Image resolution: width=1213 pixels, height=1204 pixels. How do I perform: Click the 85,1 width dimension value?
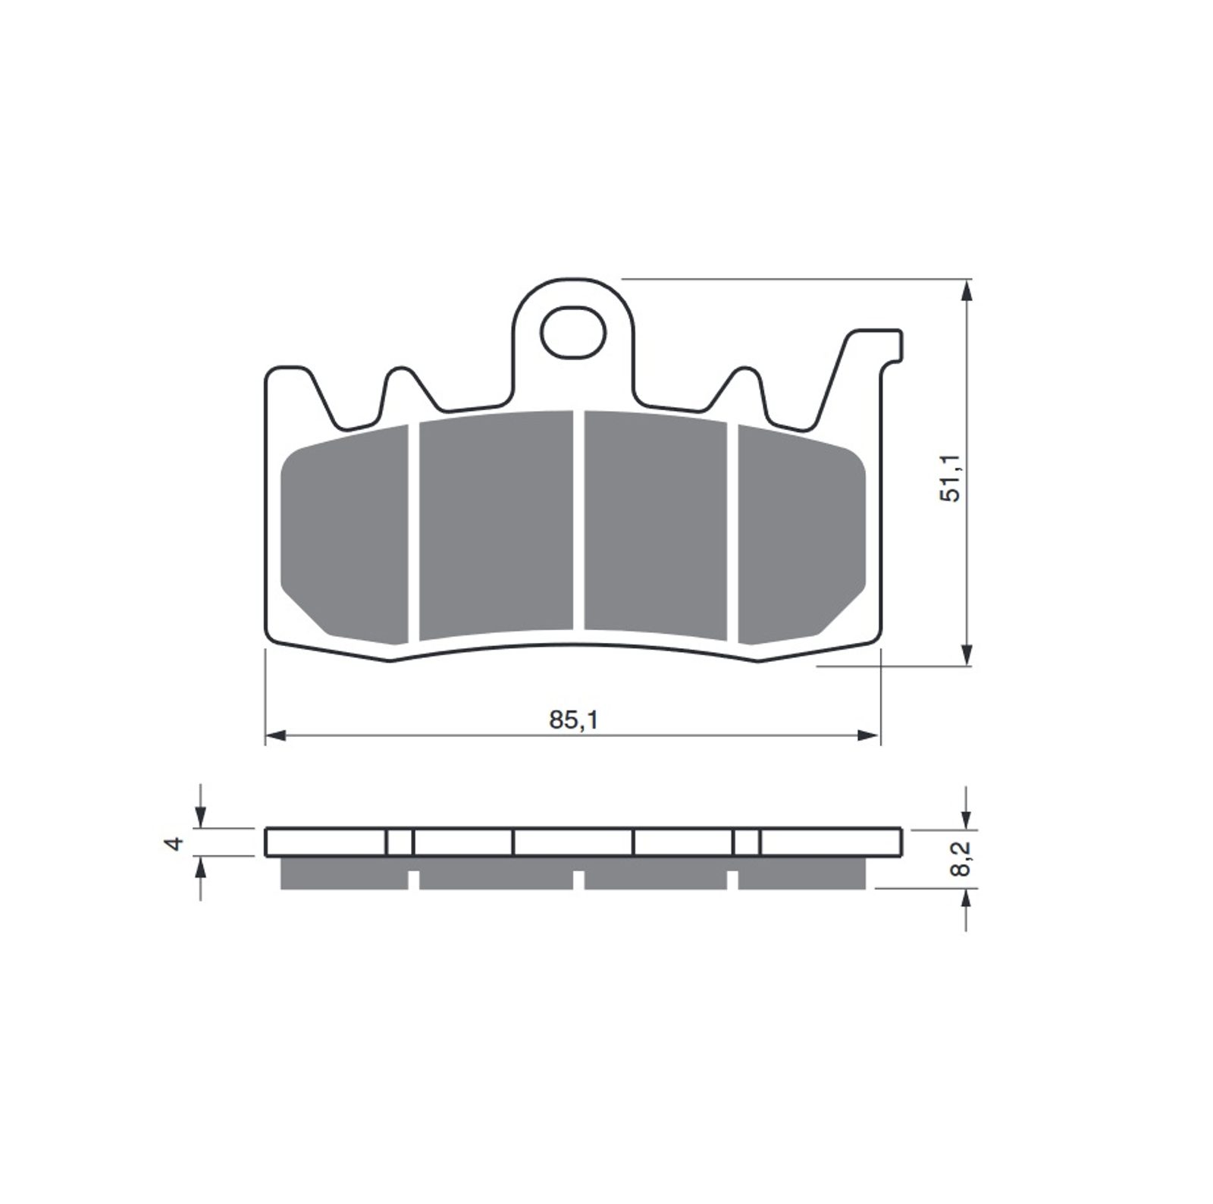(574, 720)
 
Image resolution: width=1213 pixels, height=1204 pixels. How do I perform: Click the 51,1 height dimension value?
(949, 478)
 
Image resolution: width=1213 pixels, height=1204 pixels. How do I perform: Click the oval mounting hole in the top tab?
(574, 331)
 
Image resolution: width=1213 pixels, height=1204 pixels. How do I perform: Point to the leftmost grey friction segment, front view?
(344, 534)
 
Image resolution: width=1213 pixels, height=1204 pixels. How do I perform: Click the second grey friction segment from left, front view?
(496, 525)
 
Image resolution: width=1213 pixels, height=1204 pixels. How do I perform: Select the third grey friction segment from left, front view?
(656, 525)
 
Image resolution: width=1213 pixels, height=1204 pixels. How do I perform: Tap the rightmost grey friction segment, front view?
(801, 534)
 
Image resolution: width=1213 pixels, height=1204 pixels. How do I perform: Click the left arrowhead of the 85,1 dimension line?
(274, 735)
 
